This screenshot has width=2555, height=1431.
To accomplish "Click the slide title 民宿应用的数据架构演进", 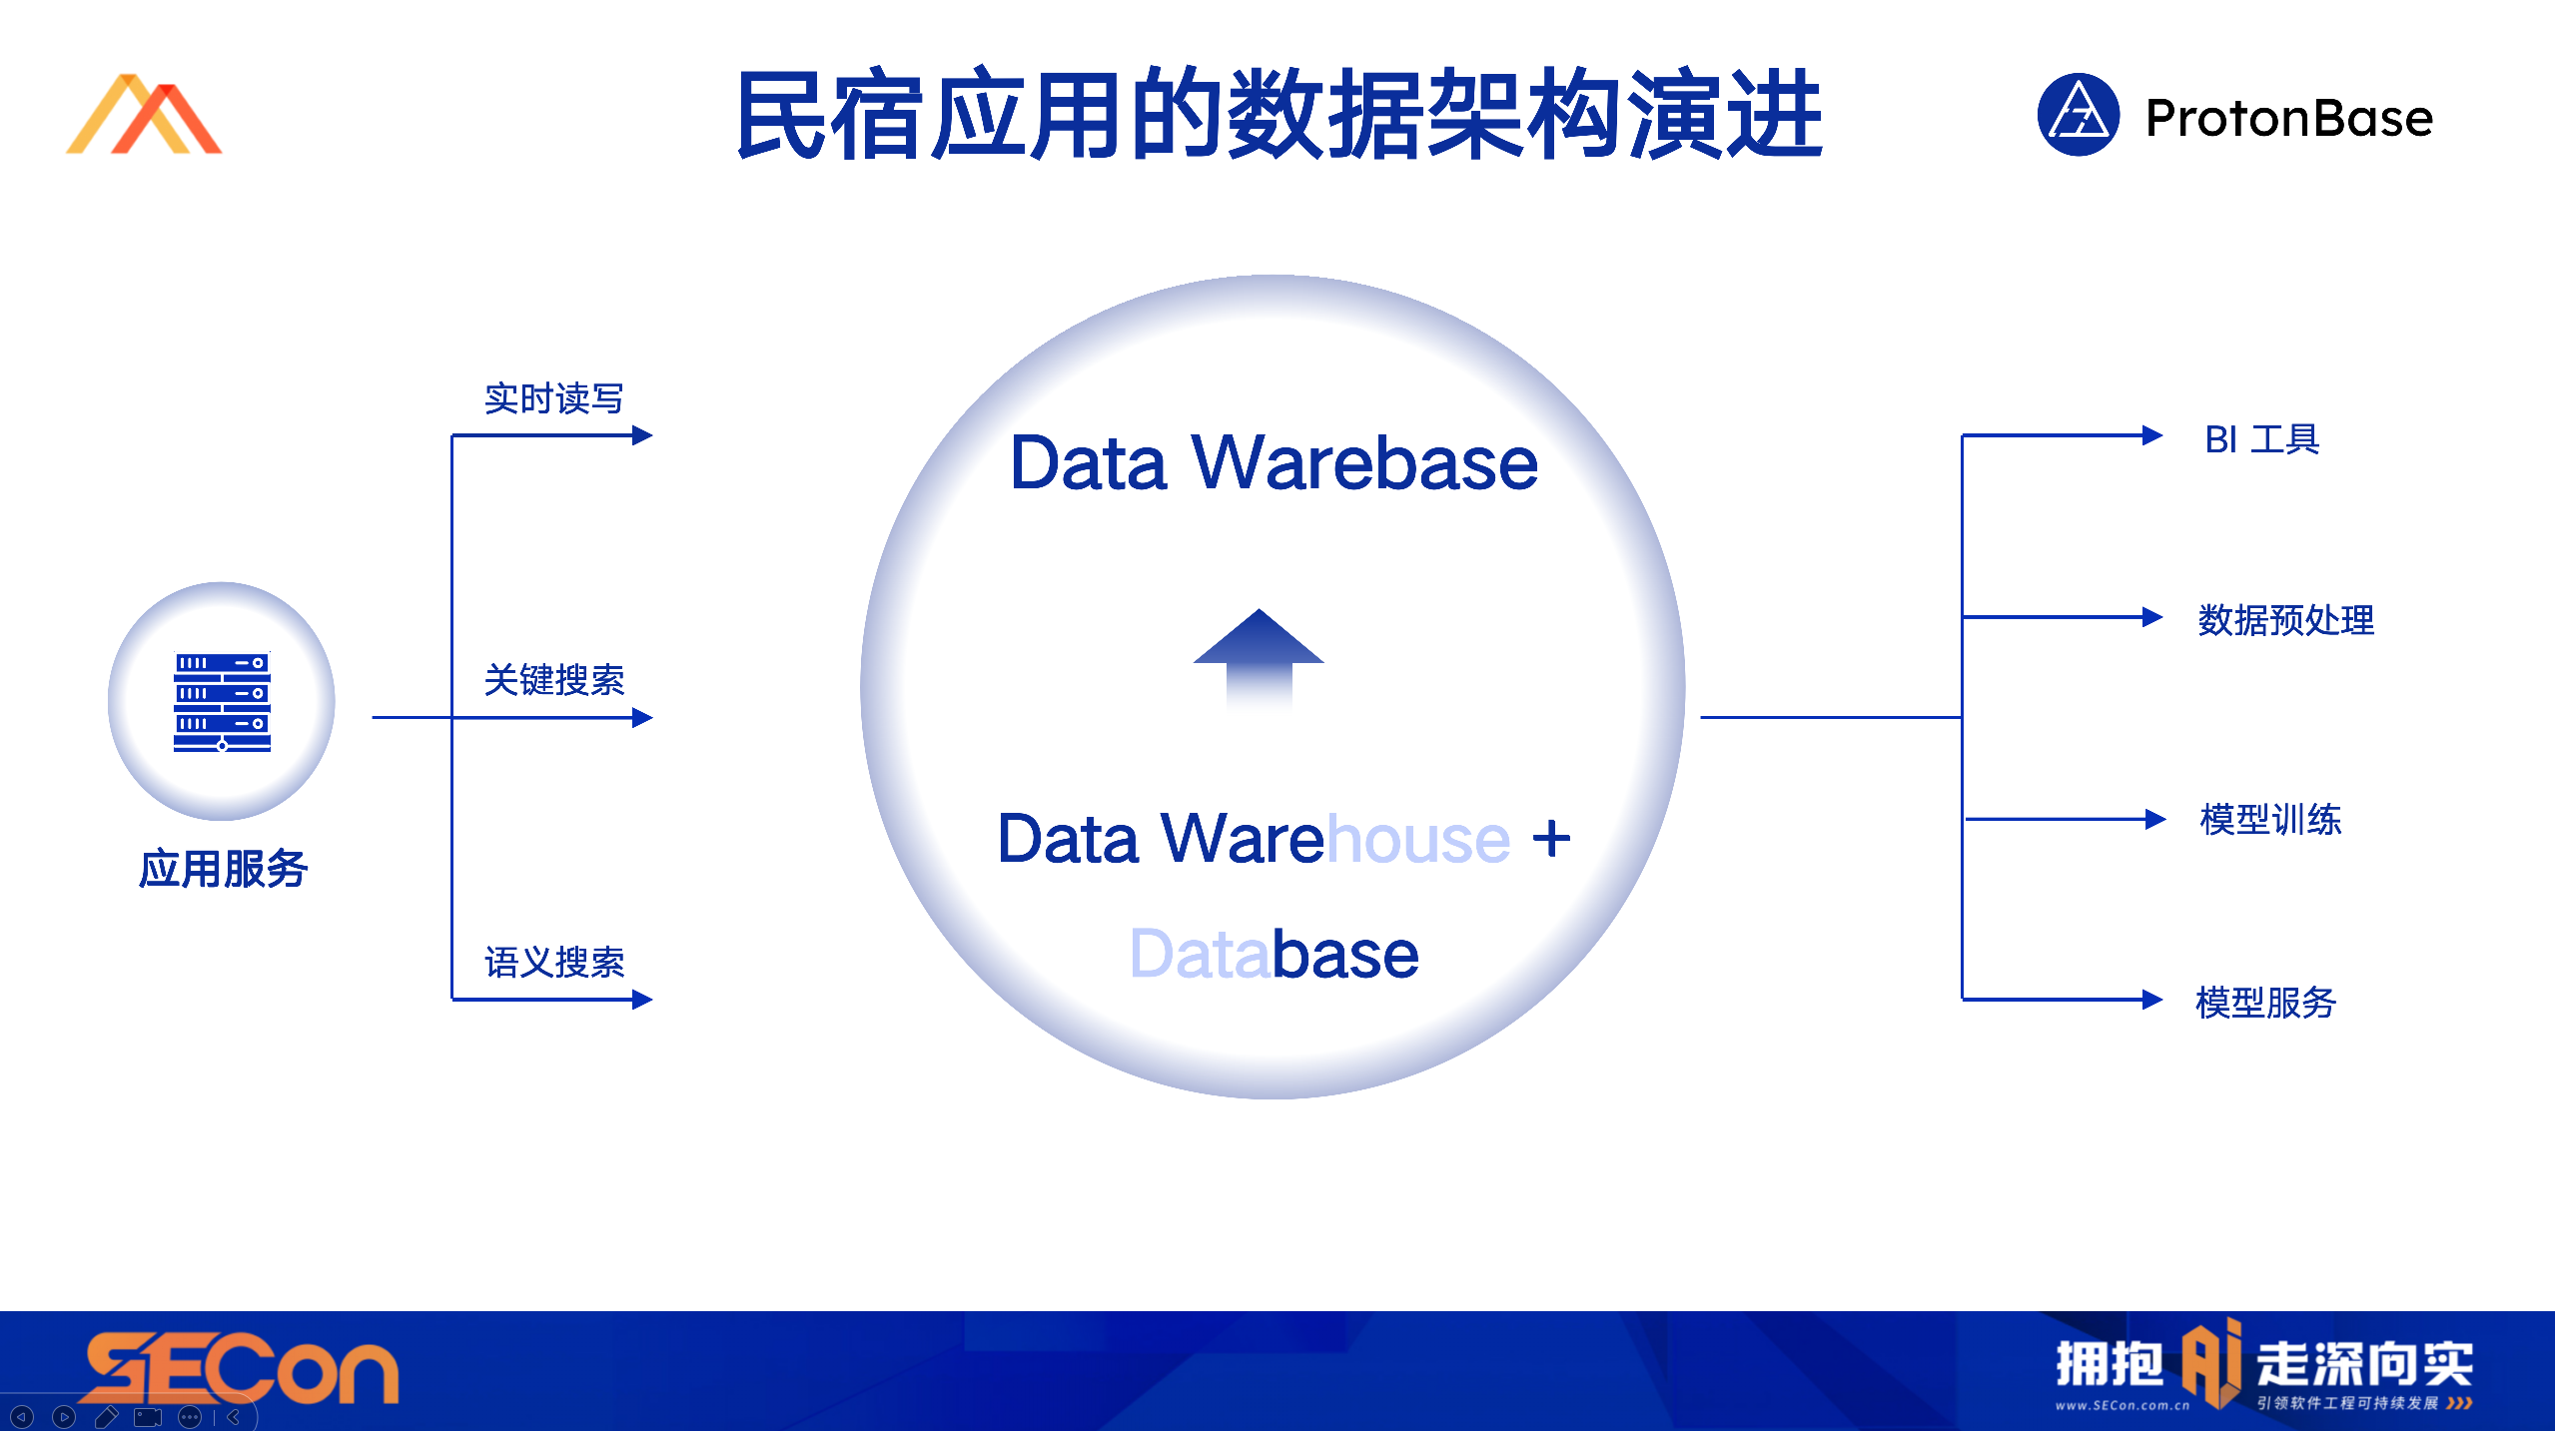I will (x=1278, y=115).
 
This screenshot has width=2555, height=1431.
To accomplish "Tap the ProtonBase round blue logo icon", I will (x=2078, y=115).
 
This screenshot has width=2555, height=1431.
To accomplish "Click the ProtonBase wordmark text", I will (x=2288, y=118).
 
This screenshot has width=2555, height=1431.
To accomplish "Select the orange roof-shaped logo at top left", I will (x=144, y=115).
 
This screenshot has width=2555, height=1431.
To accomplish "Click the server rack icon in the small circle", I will (x=222, y=701).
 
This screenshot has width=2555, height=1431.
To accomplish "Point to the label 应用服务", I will (x=223, y=868).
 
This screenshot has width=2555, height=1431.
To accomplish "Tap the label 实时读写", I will (x=553, y=398).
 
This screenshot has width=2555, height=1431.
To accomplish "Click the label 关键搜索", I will (x=553, y=680).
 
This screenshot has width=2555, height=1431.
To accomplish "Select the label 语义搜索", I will (x=553, y=963).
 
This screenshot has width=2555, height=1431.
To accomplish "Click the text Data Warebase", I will (x=1274, y=463).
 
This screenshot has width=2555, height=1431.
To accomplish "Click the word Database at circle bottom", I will (x=1274, y=954).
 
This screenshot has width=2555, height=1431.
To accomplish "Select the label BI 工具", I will (x=2261, y=439).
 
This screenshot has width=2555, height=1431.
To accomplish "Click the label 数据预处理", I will (x=2285, y=620).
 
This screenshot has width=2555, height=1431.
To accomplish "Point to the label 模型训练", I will (x=2269, y=820).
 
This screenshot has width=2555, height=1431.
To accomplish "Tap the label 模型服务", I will (x=2265, y=1002).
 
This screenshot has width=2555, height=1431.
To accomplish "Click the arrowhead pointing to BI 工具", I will (x=2152, y=435).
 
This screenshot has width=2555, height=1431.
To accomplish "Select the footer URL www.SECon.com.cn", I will (x=2122, y=1405).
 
